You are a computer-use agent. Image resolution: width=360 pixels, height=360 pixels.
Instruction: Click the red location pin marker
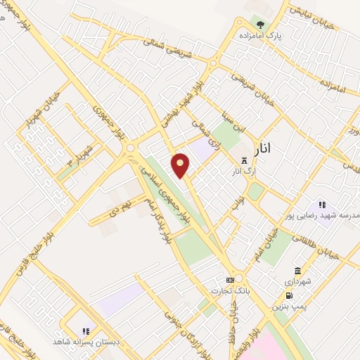(181, 165)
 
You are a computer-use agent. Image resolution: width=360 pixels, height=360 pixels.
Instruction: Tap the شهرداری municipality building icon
(298, 271)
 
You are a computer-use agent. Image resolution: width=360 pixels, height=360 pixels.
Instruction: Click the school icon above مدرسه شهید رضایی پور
(322, 204)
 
